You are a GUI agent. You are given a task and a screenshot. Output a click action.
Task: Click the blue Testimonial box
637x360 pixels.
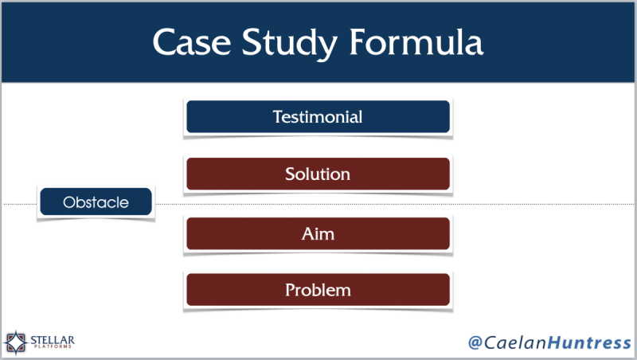tap(318, 116)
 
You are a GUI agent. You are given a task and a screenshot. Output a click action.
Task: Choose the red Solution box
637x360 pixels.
tap(318, 174)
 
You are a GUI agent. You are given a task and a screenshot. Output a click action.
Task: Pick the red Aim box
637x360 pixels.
tap(318, 233)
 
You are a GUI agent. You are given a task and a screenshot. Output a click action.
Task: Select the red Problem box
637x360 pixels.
tap(318, 290)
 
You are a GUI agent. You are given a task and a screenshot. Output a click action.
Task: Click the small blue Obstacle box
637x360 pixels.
tap(96, 202)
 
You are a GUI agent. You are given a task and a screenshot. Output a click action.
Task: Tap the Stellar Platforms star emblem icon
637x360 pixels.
tap(17, 342)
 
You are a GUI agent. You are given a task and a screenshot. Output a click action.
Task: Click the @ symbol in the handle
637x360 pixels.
tap(476, 342)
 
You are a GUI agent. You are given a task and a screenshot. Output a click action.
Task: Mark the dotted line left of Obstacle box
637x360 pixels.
tap(20, 205)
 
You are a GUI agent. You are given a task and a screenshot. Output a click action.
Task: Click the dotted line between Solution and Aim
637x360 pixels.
tap(318, 205)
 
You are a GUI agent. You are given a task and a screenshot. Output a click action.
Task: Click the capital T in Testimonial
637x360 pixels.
tap(276, 116)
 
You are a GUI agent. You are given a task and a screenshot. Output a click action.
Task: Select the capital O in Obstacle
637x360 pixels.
tap(68, 202)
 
